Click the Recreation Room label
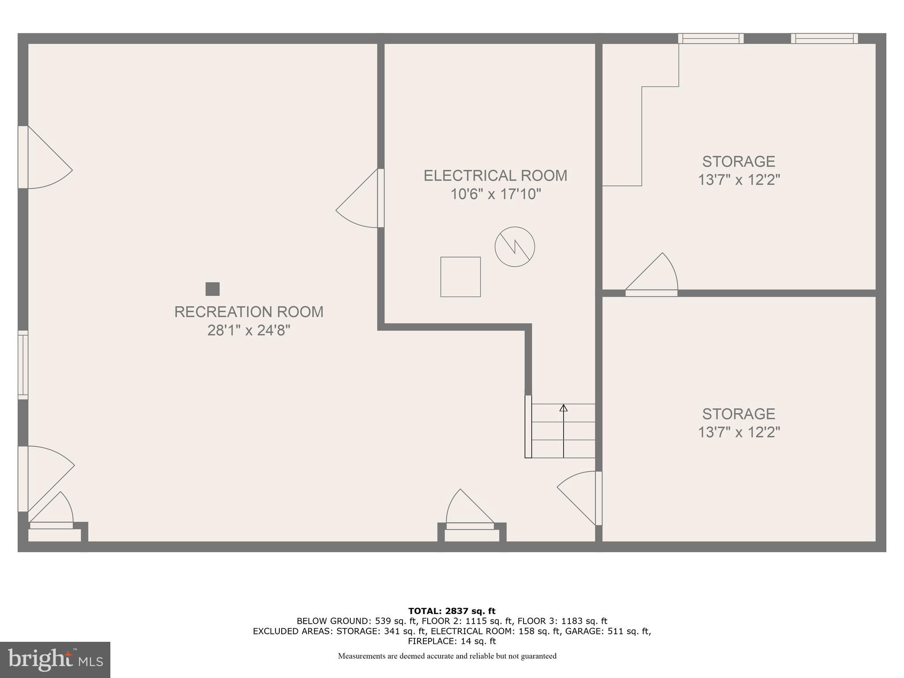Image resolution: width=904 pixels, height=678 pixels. click(249, 312)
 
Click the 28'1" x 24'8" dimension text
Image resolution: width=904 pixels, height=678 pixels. click(249, 330)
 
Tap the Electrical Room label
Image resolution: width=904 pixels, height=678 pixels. click(495, 176)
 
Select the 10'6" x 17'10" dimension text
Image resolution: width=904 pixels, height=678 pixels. click(495, 194)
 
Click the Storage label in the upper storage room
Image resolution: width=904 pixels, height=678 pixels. click(738, 162)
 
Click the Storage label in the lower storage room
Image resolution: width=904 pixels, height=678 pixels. click(738, 414)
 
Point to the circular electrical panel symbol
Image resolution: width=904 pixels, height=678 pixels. click(515, 247)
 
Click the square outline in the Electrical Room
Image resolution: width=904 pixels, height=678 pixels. click(460, 277)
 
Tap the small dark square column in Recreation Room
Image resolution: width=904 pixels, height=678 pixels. click(213, 289)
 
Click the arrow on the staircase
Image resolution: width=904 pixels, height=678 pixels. click(563, 408)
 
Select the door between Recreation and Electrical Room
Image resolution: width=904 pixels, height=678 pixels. click(380, 198)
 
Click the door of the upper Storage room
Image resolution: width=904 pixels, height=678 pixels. click(652, 293)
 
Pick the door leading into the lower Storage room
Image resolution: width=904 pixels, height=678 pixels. click(599, 498)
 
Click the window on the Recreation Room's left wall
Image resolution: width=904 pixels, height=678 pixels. click(23, 365)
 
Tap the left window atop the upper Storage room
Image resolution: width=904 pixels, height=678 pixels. click(711, 39)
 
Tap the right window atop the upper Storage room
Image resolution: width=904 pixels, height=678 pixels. click(824, 39)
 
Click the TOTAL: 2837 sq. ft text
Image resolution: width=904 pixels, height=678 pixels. click(452, 611)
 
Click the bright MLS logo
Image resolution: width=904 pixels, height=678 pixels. click(55, 660)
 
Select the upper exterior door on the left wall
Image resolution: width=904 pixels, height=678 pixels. click(23, 157)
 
